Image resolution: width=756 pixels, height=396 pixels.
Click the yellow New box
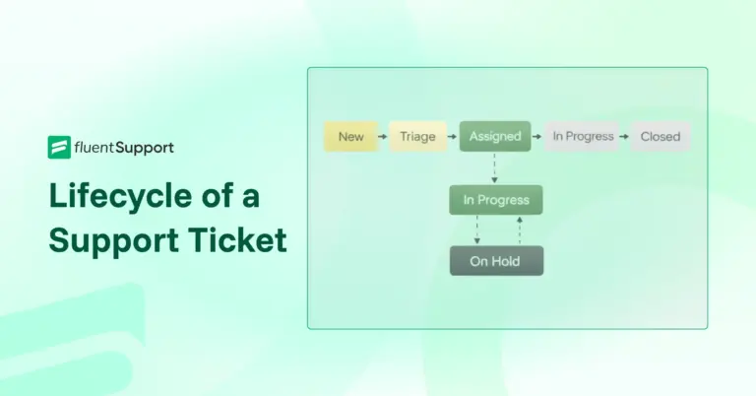(x=350, y=137)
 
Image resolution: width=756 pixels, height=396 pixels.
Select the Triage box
(x=417, y=137)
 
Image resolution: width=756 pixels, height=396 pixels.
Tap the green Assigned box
(x=494, y=137)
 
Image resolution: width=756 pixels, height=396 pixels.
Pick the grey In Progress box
(x=583, y=137)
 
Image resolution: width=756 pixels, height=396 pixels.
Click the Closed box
(x=661, y=137)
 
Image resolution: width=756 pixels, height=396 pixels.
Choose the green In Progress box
(x=496, y=200)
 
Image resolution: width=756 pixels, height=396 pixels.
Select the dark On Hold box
(x=496, y=261)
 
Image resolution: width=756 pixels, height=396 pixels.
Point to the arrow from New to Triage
(x=383, y=137)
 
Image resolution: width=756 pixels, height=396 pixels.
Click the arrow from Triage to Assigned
(x=452, y=137)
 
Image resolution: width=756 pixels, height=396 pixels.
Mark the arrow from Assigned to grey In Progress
(x=537, y=137)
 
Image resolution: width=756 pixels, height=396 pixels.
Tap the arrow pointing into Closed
(x=624, y=137)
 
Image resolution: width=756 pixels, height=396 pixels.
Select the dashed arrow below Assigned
(x=495, y=168)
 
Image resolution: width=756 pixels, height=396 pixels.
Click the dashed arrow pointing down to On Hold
(x=476, y=231)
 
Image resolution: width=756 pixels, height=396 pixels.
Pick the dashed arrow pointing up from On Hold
(x=519, y=231)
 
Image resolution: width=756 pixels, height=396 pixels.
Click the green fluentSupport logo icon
(x=58, y=148)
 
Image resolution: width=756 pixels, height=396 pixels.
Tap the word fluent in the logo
(x=96, y=148)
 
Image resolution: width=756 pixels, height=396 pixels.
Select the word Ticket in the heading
(x=239, y=239)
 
